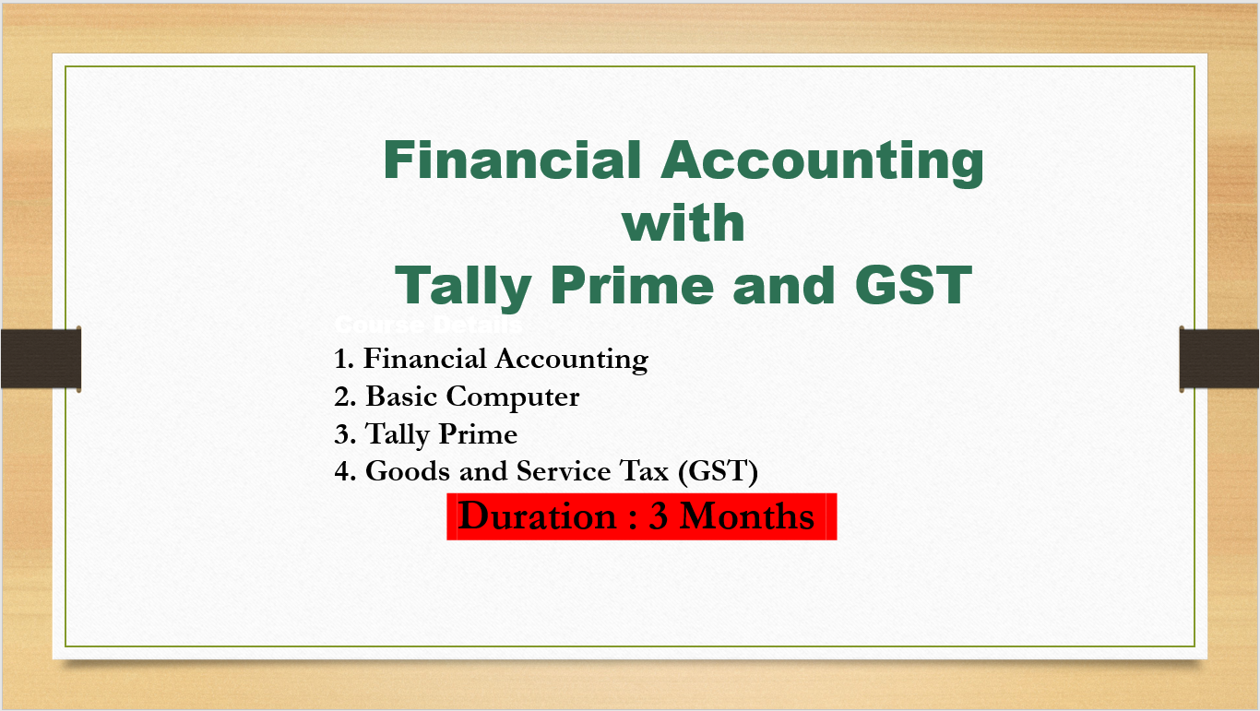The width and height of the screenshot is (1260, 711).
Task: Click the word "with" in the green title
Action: pos(683,223)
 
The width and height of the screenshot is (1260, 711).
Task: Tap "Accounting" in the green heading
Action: pos(822,161)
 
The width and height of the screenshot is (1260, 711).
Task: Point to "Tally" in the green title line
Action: pos(464,286)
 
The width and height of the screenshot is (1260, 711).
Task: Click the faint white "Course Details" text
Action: pos(428,326)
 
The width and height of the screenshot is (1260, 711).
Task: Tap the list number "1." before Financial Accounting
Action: pos(344,359)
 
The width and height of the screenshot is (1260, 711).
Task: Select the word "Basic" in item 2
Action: pos(402,397)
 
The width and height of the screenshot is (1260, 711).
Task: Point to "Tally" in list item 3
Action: pos(397,434)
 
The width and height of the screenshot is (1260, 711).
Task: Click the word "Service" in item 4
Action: pos(564,471)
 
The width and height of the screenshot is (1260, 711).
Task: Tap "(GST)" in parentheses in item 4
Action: pos(717,471)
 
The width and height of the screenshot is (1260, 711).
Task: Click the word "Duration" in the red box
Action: pos(538,515)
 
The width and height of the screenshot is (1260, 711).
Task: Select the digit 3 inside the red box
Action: pos(659,515)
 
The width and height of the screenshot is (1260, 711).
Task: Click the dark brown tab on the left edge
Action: pos(40,358)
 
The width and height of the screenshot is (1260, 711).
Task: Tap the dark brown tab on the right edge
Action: pos(1219,358)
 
